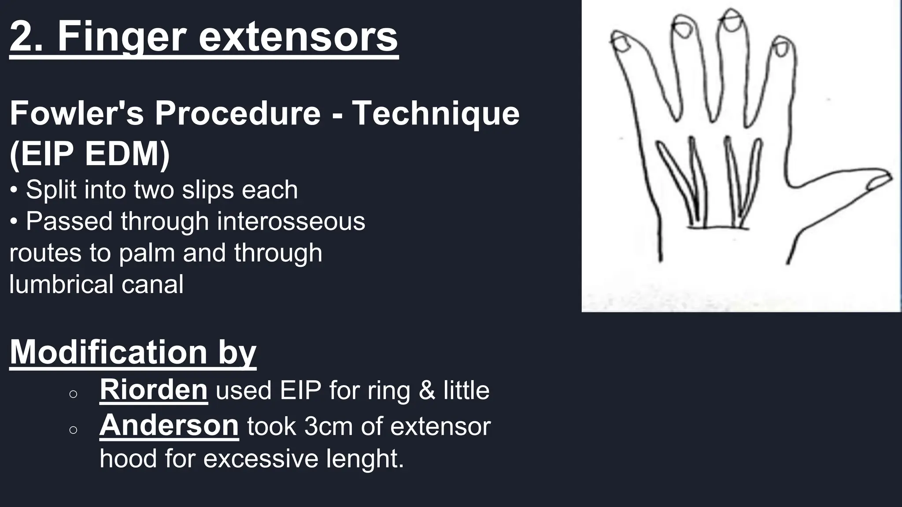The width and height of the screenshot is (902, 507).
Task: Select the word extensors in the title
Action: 298,37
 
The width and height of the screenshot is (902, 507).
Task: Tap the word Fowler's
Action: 77,113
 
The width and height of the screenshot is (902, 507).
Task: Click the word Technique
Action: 436,113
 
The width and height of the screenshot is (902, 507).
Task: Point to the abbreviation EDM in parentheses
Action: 123,154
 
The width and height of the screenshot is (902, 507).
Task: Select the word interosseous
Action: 291,221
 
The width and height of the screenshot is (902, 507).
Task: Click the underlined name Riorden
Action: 153,389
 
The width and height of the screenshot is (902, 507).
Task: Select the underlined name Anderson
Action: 169,426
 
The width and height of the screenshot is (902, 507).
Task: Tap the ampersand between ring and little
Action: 427,390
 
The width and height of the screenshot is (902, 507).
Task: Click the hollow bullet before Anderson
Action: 74,430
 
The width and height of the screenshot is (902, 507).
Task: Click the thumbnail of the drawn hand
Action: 741,156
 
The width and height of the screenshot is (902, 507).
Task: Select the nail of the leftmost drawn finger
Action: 622,44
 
